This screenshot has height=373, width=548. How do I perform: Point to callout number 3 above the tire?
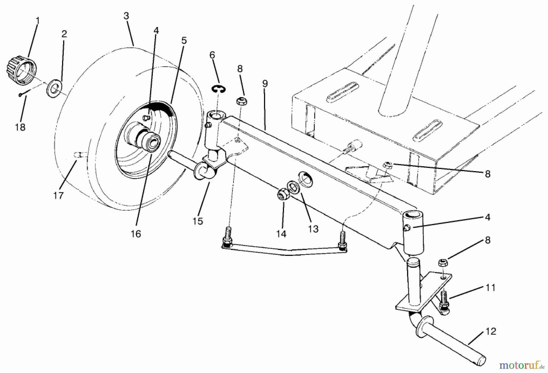127,16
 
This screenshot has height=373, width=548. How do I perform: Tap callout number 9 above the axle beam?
265,83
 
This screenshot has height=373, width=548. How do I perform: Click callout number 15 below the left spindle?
198,221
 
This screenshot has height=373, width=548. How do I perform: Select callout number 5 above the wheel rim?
184,40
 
